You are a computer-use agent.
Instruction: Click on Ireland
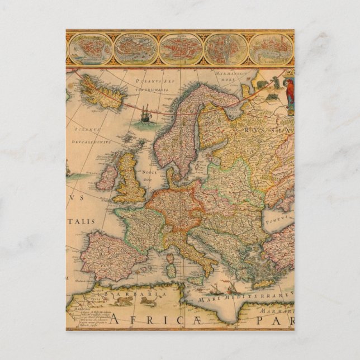(x=107, y=177)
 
